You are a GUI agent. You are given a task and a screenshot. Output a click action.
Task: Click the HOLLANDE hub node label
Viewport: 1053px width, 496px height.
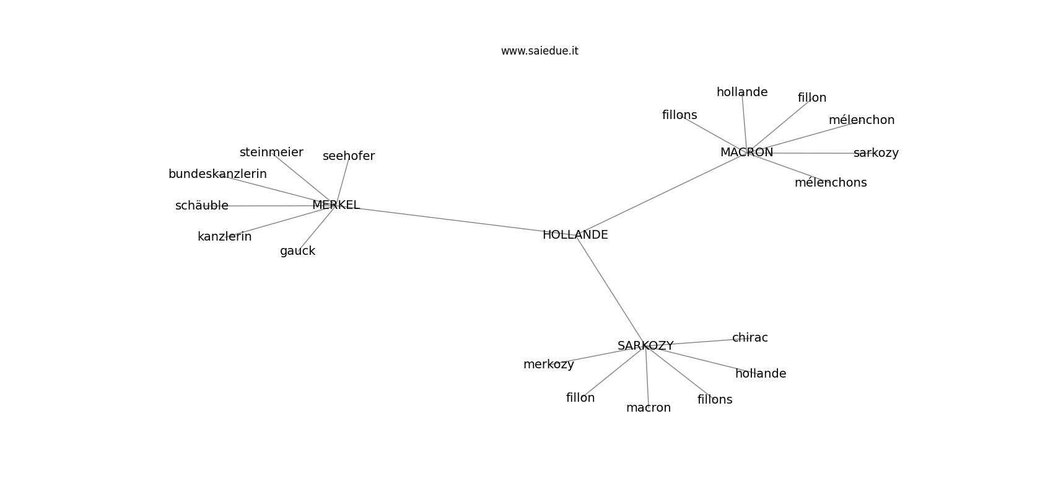[x=575, y=234]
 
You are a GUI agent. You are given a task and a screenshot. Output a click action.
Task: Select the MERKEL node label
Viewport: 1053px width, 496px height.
[x=336, y=205]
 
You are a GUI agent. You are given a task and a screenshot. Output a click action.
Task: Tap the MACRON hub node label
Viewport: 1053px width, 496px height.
[x=746, y=152]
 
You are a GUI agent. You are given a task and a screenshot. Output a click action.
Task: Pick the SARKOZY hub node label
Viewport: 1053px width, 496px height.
[x=645, y=345]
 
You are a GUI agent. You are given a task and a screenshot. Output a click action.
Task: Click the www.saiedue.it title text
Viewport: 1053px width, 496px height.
[x=540, y=51]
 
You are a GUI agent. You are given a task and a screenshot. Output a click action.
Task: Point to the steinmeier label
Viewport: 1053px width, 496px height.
[x=271, y=152]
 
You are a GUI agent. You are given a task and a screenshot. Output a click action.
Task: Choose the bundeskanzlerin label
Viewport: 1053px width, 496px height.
[x=217, y=174]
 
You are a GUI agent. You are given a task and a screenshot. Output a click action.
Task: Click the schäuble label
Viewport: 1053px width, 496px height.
[x=202, y=205]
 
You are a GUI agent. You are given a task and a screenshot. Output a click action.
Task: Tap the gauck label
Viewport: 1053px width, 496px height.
[x=297, y=251]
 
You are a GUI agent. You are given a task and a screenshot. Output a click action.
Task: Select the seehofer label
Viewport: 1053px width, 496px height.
[x=349, y=156]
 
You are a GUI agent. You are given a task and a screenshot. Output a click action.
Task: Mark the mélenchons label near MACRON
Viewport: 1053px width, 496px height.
[x=831, y=182]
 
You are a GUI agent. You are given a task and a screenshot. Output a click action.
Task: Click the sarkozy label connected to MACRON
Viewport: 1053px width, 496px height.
[x=876, y=153]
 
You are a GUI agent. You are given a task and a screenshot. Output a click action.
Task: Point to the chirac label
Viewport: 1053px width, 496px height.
[x=749, y=337]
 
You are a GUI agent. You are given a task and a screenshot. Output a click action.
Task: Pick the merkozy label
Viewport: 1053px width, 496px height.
[x=549, y=364]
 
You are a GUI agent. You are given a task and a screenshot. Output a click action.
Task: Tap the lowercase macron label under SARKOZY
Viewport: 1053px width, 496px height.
[x=649, y=407]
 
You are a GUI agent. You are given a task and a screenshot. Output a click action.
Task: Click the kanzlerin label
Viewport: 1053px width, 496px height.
[x=225, y=236]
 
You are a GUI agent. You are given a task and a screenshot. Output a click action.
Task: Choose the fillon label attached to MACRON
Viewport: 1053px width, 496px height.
[x=812, y=97]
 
